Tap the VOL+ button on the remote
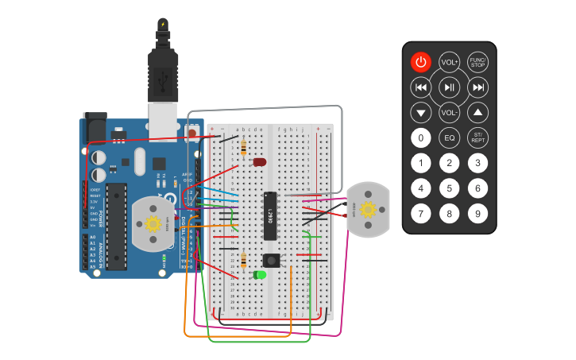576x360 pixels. [449, 62]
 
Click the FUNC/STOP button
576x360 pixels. [477, 62]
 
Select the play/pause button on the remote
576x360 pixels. [449, 87]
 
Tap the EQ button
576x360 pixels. [449, 137]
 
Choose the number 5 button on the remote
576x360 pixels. [449, 188]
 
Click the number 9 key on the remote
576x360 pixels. [477, 213]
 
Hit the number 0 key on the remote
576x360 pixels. [420, 137]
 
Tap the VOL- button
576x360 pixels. [449, 112]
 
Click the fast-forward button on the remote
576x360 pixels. [477, 87]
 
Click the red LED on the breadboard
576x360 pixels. [259, 162]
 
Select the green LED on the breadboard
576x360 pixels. [260, 275]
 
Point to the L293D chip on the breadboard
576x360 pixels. [270, 215]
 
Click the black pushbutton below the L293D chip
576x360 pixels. [272, 260]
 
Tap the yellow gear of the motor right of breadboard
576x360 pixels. [368, 209]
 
